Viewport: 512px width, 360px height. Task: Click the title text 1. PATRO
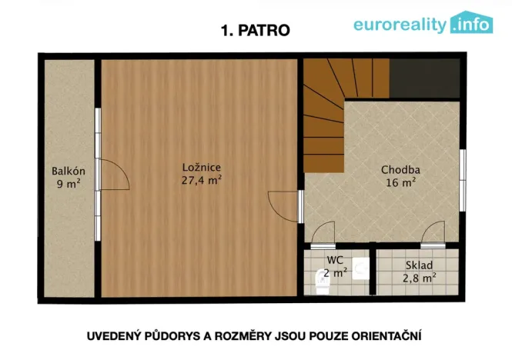pos(255,31)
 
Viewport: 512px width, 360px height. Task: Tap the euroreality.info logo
pos(423,24)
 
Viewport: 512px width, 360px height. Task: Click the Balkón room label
pos(68,171)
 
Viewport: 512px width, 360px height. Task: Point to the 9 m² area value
pos(68,184)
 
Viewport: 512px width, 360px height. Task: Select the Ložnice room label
pos(202,167)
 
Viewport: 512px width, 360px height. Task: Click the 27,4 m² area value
pos(202,180)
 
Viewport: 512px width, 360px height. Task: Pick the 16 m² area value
pos(400,183)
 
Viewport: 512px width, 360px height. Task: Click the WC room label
pos(334,260)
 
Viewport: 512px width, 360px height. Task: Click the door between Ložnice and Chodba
pos(283,205)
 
